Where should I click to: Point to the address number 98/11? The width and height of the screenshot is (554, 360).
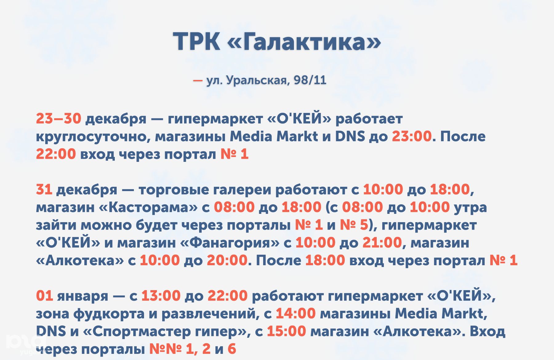pos(310,80)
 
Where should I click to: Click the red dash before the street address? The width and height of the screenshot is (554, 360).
pos(198,81)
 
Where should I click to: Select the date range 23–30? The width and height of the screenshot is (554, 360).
pos(58,118)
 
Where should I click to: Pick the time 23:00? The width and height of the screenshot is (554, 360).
pos(412,136)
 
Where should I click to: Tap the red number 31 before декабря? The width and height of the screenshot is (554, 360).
pos(44,190)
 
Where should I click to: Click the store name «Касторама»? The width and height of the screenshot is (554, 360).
pos(148,207)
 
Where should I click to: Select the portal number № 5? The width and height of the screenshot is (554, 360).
pos(354,225)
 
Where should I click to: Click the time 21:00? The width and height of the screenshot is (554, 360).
pos(382,243)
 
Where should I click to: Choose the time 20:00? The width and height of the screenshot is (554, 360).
pos(227,261)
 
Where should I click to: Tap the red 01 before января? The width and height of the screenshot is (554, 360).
pos(44,296)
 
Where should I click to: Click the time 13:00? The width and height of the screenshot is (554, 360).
pos(161,296)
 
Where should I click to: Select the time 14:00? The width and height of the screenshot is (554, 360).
pos(296,314)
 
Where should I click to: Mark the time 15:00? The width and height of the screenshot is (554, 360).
pos(287,332)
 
